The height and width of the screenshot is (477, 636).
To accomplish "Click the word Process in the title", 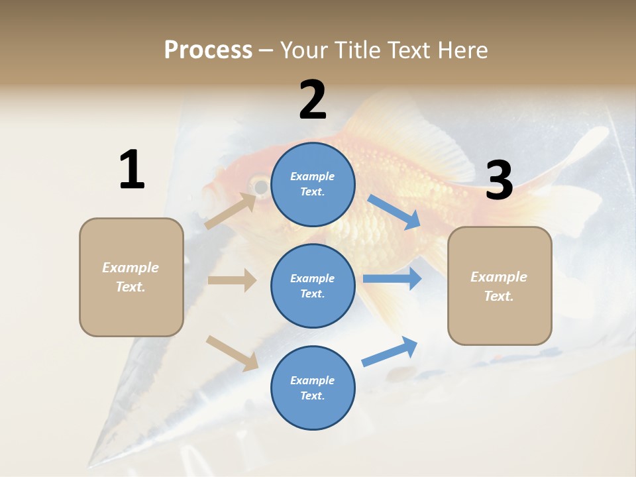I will (208, 50).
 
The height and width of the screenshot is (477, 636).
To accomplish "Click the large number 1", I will (132, 170).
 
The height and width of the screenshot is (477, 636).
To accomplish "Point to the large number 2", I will (313, 100).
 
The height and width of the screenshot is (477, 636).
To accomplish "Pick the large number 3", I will (499, 181).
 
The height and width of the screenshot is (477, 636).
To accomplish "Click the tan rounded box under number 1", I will (131, 277).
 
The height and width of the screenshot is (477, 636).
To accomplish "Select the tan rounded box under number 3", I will (500, 286).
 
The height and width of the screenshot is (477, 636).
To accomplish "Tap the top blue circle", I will (313, 184).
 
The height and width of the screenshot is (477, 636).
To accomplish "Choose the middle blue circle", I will (313, 286).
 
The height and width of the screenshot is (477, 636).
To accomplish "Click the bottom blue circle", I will (313, 388).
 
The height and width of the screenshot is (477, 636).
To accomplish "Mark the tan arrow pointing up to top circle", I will (230, 211).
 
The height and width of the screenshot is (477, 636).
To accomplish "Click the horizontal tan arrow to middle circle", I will (232, 280).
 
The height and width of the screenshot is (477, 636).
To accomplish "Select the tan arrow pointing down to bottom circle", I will (232, 352).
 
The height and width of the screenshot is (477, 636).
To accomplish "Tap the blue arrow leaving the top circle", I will (394, 211).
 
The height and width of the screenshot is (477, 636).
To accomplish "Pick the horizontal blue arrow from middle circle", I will (392, 279).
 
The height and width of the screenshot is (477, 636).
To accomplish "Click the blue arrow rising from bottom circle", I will (390, 351).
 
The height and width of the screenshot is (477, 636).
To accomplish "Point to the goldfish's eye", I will (261, 187).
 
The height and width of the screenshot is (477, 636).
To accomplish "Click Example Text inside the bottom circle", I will (313, 388).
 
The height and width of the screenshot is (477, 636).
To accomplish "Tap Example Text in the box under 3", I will (500, 286).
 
